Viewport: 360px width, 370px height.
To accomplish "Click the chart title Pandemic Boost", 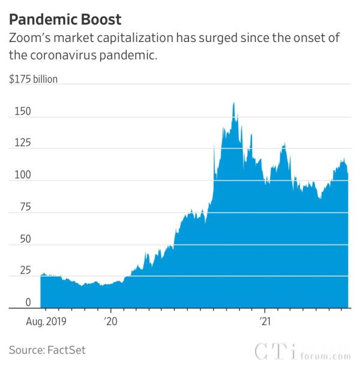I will pos(65,19).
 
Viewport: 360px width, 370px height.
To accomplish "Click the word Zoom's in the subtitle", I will pos(28,38).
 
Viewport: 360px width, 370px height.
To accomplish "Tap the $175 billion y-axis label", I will pos(34,79).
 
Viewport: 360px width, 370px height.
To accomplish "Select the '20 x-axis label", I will pos(111,321).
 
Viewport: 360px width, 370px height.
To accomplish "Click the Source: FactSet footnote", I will pos(47,350).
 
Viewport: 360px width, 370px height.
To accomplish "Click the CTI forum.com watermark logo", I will pos(302,352).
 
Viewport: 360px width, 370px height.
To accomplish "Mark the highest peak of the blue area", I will pos(234,103).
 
